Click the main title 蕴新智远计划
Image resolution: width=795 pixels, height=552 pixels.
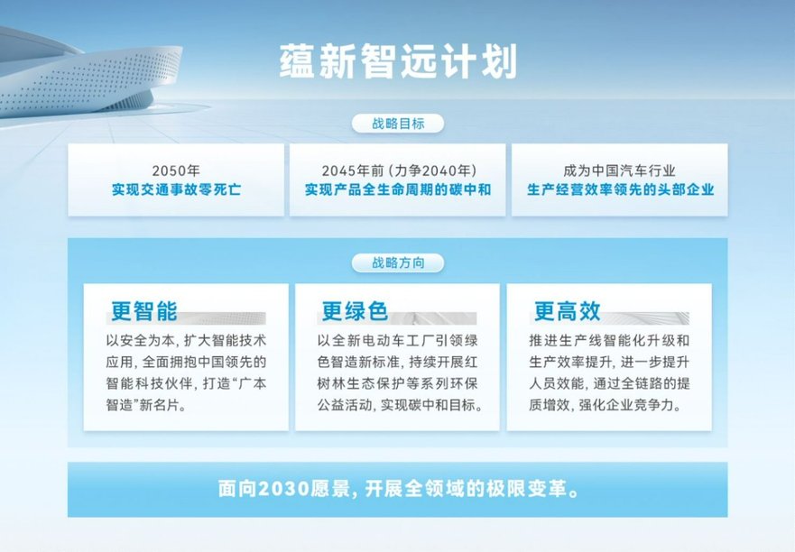pyautogui.click(x=398, y=61)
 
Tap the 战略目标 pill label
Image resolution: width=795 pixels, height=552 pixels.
pyautogui.click(x=398, y=124)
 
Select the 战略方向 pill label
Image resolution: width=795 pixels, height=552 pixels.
pyautogui.click(x=398, y=262)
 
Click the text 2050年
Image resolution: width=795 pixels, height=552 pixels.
pyautogui.click(x=176, y=170)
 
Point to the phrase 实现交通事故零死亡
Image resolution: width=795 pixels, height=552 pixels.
pyautogui.click(x=176, y=189)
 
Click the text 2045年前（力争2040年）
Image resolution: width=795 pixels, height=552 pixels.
pyautogui.click(x=398, y=170)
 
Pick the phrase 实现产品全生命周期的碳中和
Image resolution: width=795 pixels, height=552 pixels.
pyautogui.click(x=398, y=189)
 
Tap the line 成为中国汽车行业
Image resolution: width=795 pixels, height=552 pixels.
pyautogui.click(x=620, y=170)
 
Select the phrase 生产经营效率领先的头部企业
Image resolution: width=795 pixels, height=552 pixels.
pyautogui.click(x=620, y=189)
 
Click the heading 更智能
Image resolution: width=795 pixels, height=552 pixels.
pyautogui.click(x=144, y=310)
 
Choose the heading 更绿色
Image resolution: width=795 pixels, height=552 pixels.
pyautogui.click(x=355, y=310)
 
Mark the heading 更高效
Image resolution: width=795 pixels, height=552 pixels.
pyautogui.click(x=567, y=310)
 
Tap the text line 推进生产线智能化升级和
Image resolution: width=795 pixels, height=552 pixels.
pyautogui.click(x=609, y=340)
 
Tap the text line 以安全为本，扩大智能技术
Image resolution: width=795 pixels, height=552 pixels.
pyautogui.click(x=186, y=340)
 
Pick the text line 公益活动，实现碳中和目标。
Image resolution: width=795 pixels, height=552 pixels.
pyautogui.click(x=400, y=405)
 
